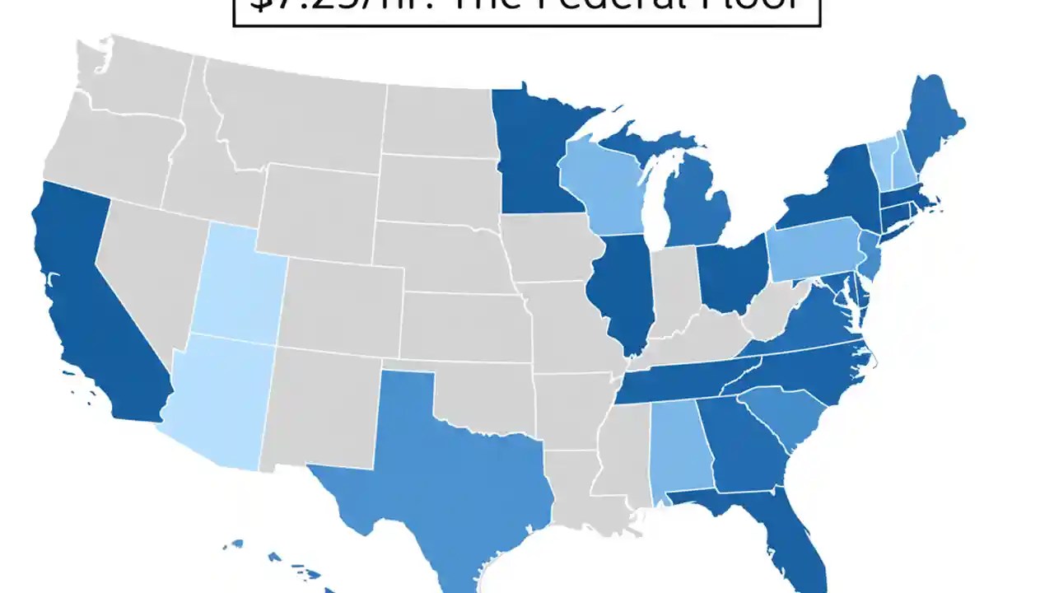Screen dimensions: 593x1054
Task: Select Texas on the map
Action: click(445, 469)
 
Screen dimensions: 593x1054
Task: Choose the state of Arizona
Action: click(222, 404)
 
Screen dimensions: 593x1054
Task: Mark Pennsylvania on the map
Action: click(811, 251)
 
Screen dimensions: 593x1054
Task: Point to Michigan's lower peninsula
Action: click(696, 206)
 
